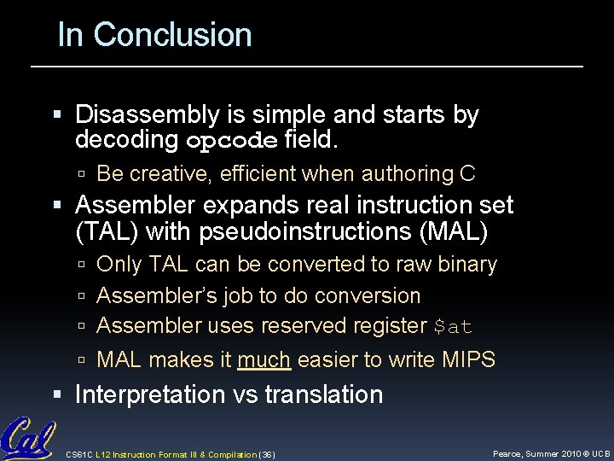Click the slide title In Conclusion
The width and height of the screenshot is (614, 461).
click(154, 35)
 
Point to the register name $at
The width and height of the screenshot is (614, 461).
click(453, 327)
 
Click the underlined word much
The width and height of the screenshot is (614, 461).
click(265, 360)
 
